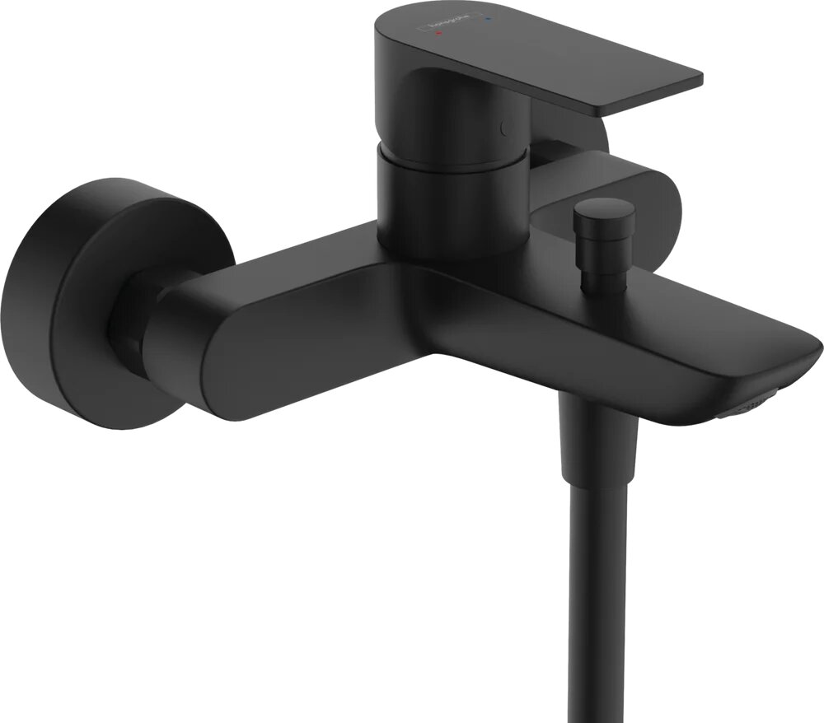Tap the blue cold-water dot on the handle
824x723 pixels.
(x=490, y=15)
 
